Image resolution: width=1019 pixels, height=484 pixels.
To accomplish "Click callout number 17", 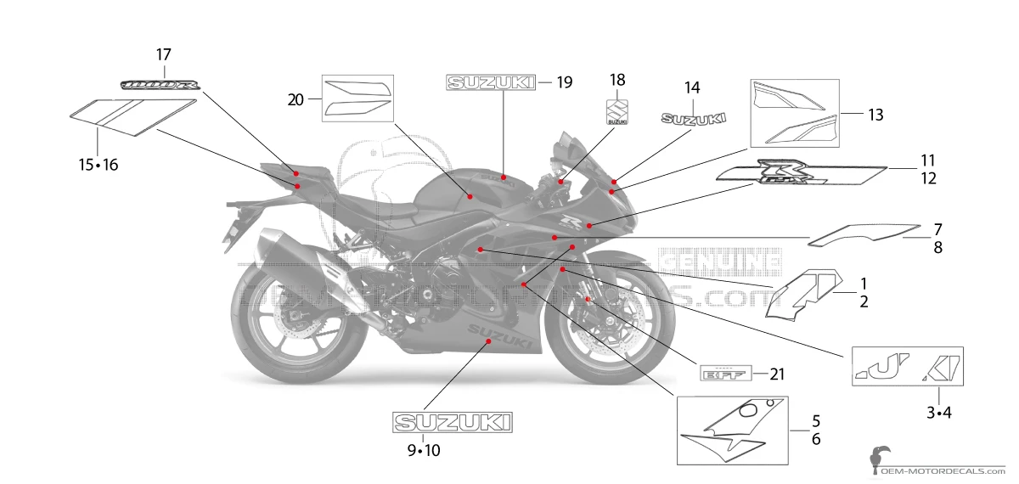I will [x=163, y=54].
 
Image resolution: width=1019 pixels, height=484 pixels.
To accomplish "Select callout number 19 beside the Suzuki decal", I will [x=564, y=82].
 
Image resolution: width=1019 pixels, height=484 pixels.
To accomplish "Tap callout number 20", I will [x=296, y=99].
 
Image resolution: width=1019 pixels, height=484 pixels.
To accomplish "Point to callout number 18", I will [x=617, y=80].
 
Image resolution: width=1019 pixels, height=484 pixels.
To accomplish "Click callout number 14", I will [x=692, y=87].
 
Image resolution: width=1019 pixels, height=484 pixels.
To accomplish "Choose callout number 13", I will [x=875, y=113].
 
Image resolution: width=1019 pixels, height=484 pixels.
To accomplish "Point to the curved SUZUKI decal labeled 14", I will [x=695, y=119].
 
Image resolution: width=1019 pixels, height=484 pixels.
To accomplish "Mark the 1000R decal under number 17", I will [x=161, y=85].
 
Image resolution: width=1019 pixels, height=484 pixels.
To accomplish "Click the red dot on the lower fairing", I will [x=487, y=340].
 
